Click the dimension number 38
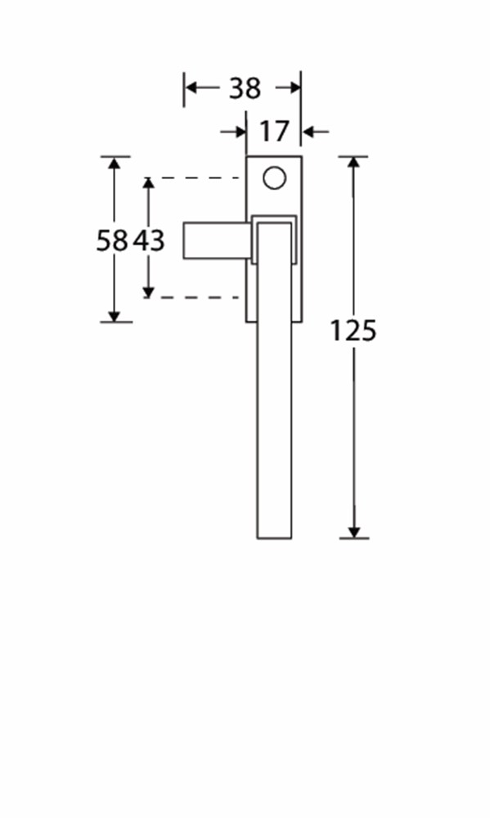pos(245,88)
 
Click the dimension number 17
pos(274,132)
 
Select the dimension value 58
pos(112,240)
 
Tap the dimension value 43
pos(149,240)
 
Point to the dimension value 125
pos(353,330)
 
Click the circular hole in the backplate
pos(275,178)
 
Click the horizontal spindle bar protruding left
pos(217,240)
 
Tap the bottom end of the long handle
pos(274,538)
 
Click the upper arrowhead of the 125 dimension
pos(354,162)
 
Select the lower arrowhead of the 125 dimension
pos(354,533)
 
